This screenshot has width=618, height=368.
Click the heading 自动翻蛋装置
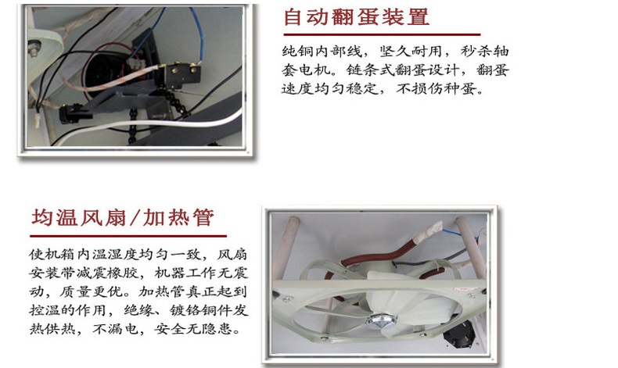[356, 17]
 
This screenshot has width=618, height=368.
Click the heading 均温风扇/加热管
[123, 218]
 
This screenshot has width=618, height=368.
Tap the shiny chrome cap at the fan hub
[381, 321]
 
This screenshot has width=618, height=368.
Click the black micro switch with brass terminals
[182, 73]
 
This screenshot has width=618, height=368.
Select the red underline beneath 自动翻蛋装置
[382, 34]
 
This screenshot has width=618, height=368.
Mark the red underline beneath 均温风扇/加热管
[128, 236]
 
